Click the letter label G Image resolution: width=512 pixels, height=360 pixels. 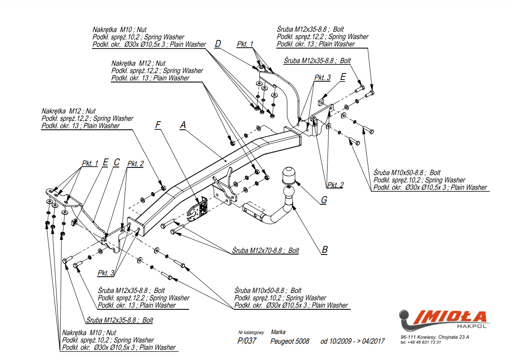tap(323, 200)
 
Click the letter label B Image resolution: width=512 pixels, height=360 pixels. tap(325, 250)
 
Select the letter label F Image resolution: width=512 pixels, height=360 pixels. tap(158, 125)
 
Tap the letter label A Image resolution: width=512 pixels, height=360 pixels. tap(183, 125)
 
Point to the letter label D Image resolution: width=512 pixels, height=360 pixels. tap(218, 44)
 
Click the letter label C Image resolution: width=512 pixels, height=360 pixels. tap(117, 162)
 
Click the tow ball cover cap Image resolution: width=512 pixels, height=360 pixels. tap(289, 175)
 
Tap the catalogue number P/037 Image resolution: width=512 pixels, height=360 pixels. tap(247, 341)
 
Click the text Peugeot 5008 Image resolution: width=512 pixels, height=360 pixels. tap(290, 341)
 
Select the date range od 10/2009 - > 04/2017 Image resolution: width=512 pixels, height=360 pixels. tap(352, 341)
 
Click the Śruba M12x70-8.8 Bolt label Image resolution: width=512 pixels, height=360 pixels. tap(266, 251)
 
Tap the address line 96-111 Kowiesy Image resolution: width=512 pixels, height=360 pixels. tap(434, 337)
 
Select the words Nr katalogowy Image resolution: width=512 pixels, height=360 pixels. tap(251, 333)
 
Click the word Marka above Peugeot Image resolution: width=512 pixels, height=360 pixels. tap(278, 332)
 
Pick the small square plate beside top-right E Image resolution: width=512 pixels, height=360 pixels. tap(321, 102)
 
